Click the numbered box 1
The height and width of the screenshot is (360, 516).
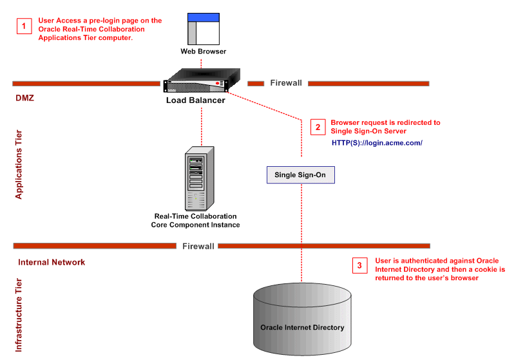coord(24,26)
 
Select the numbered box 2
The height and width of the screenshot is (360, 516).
coord(317,127)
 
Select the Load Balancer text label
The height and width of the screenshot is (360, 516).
coord(196,100)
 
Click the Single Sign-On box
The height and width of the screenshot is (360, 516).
coord(301,175)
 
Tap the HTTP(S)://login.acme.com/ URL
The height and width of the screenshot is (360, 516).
coord(377,143)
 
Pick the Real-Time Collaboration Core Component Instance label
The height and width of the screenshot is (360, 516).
coord(195,220)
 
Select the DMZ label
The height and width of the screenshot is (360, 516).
coord(24,99)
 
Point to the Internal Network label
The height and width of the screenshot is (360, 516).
coord(52,262)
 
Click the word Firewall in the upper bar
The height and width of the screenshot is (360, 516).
coord(286,83)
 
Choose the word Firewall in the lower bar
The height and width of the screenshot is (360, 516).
coord(198,246)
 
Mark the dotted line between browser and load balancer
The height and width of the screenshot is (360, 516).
coord(202,63)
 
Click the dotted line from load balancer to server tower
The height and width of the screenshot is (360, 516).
coord(201,126)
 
